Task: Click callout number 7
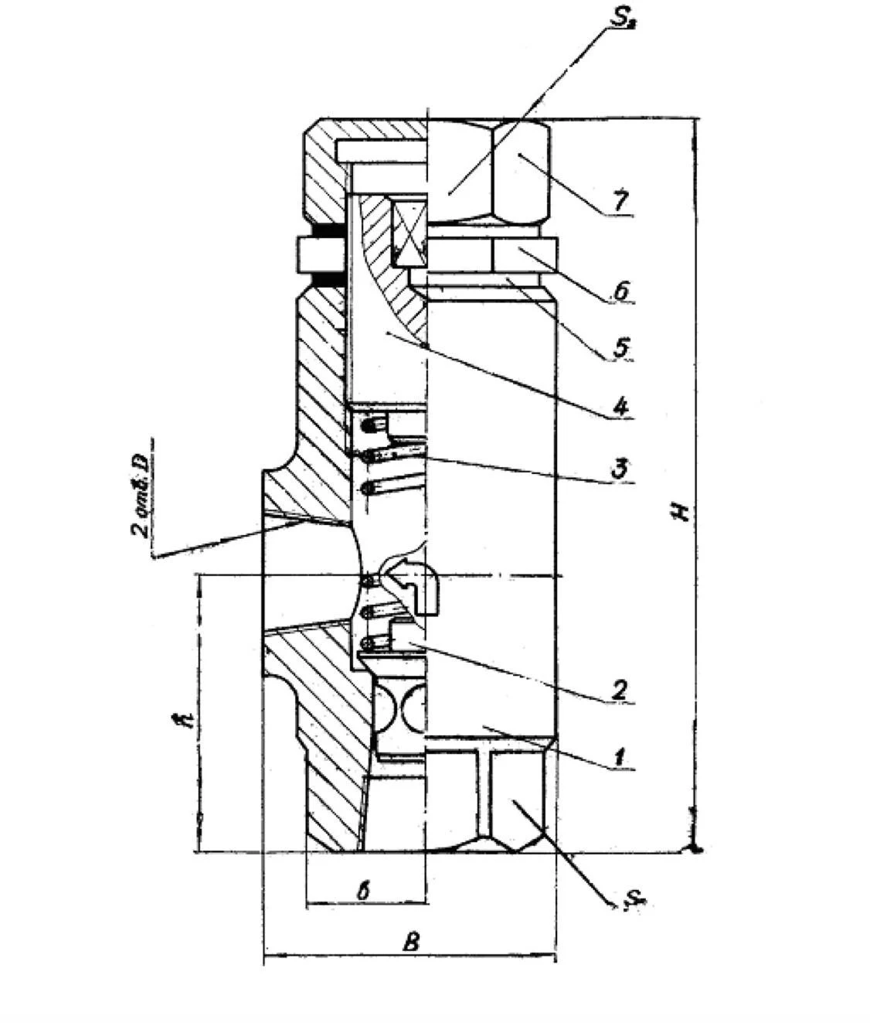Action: click(x=620, y=199)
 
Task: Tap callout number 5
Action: click(x=621, y=347)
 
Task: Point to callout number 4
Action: click(x=620, y=405)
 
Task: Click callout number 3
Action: click(x=619, y=468)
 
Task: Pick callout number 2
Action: click(x=619, y=689)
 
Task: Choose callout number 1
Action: click(x=619, y=756)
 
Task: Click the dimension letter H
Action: click(x=681, y=511)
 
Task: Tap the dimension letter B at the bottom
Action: click(x=413, y=942)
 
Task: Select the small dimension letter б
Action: click(x=363, y=890)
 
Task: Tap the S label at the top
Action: click(x=622, y=19)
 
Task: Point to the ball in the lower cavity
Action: click(x=403, y=707)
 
